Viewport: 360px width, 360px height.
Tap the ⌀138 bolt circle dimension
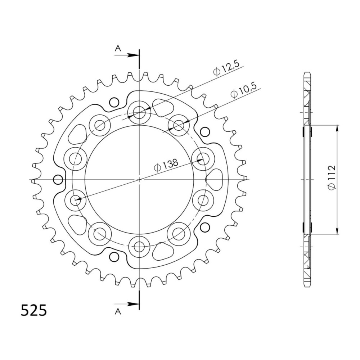coord(166,165)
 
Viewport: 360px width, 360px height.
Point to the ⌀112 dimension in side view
coord(332,177)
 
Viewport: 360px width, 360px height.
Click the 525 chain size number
coord(34,311)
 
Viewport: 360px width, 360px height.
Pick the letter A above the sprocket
coord(118,49)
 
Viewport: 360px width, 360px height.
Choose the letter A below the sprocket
coord(118,311)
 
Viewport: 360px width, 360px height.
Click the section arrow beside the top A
coord(127,55)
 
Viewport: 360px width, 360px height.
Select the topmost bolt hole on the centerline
coord(139,112)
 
